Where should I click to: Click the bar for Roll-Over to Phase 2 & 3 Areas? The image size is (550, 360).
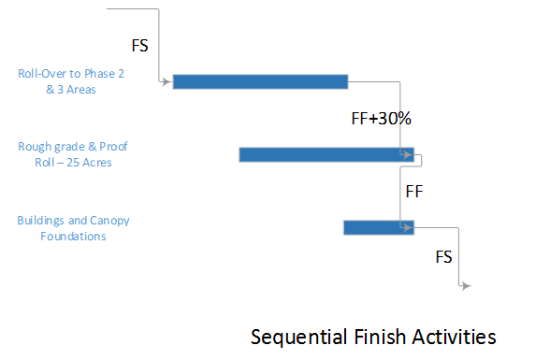tap(260, 81)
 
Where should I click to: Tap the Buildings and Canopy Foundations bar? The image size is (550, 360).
tap(378, 227)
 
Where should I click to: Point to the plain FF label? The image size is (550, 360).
tap(415, 192)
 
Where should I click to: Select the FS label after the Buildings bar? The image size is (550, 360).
tap(447, 255)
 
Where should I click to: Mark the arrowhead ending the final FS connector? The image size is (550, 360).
tap(466, 287)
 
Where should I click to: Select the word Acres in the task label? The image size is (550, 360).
tap(97, 162)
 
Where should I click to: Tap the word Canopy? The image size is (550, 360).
tap(111, 221)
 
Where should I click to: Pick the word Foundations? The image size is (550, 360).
tap(73, 236)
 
